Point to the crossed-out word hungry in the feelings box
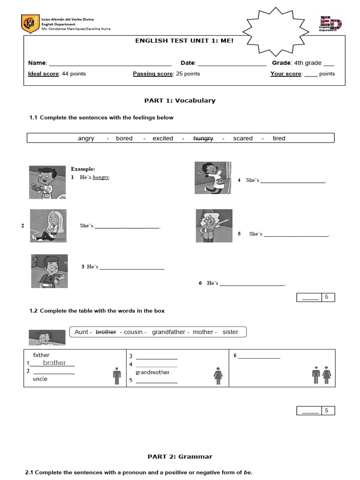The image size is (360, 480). [x=203, y=138]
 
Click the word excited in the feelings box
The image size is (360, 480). [x=163, y=138]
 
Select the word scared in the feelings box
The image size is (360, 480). [x=243, y=138]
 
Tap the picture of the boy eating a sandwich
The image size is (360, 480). [x=47, y=182]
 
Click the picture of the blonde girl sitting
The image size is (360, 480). [x=48, y=225]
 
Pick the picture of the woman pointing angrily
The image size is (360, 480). [x=214, y=225]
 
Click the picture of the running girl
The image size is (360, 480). [x=213, y=177]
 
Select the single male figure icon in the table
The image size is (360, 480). [x=117, y=375]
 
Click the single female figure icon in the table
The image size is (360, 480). [x=217, y=375]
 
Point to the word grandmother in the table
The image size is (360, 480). [x=152, y=372]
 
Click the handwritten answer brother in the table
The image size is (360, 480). [x=54, y=363]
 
